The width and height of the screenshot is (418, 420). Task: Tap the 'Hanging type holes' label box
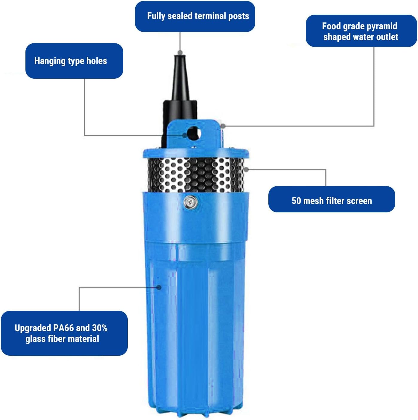(x=74, y=61)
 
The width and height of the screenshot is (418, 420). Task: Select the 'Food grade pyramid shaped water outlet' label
(x=361, y=31)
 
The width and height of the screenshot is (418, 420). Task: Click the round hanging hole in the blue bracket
(x=193, y=133)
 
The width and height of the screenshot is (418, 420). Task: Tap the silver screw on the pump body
(x=190, y=203)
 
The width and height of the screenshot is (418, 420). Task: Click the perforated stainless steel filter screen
(x=196, y=175)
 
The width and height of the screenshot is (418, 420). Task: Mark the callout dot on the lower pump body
(x=159, y=287)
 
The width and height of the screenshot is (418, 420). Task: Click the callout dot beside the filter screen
(x=247, y=169)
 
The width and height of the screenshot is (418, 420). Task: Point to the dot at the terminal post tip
(x=180, y=53)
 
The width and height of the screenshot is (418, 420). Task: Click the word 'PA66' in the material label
(x=64, y=328)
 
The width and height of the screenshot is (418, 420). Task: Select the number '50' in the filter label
(x=296, y=201)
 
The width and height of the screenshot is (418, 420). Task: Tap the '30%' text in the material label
(x=100, y=328)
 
